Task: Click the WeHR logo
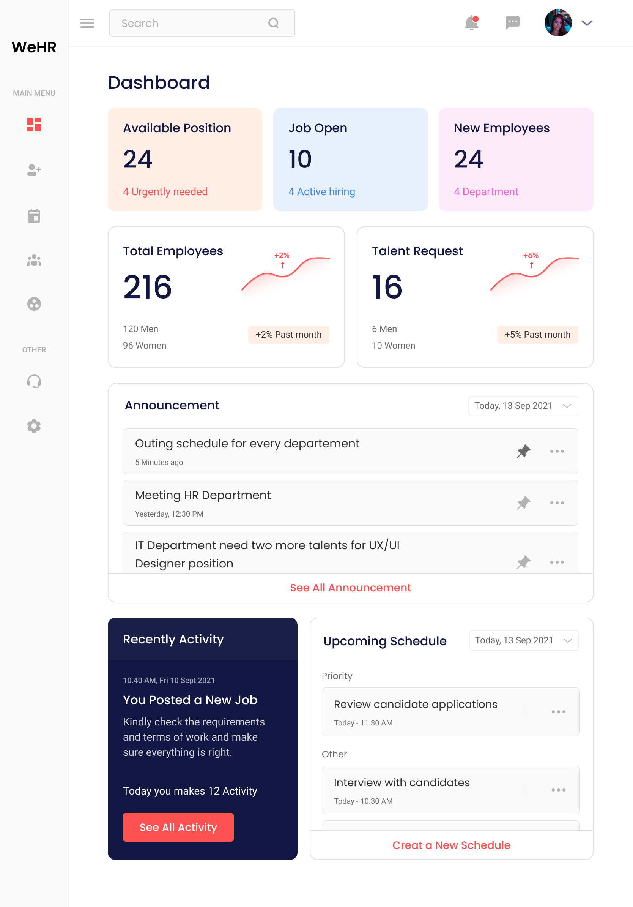[x=34, y=47]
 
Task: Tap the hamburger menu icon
[x=87, y=23]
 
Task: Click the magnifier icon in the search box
[x=274, y=23]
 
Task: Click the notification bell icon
[x=471, y=23]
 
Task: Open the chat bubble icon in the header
[x=512, y=23]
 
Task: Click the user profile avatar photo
[x=557, y=23]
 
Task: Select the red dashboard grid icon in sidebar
[x=34, y=125]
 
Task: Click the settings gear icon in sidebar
[x=34, y=426]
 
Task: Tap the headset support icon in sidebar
[x=34, y=381]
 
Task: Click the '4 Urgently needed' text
[x=165, y=191]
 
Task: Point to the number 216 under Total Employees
[x=147, y=287]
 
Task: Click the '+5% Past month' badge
[x=537, y=335]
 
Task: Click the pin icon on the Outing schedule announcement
[x=523, y=451]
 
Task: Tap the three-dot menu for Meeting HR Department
[x=557, y=503]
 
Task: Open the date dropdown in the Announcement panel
[x=523, y=406]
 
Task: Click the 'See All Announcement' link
[x=350, y=588]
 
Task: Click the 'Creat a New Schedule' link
[x=451, y=845]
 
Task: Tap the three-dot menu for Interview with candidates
[x=558, y=790]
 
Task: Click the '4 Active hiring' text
[x=322, y=191]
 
